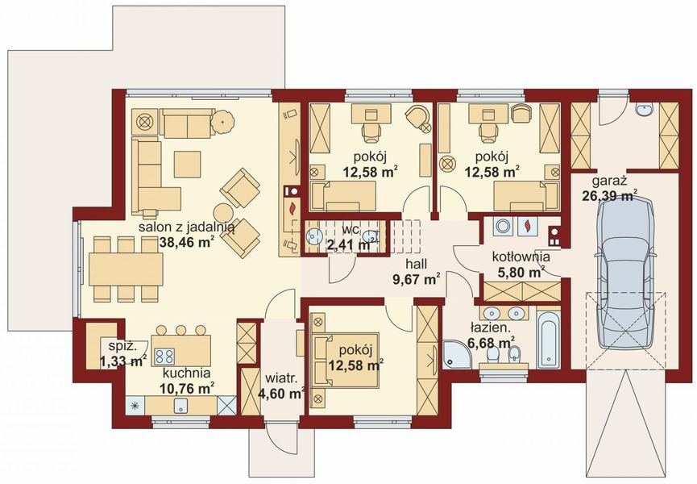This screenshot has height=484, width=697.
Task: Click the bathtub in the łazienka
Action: [550, 339]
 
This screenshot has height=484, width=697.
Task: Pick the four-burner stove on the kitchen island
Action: [164, 356]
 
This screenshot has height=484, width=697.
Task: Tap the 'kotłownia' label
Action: [521, 257]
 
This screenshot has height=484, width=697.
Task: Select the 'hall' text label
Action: [416, 264]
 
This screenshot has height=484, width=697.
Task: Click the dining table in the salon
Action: [126, 269]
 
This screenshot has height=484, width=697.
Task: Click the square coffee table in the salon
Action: [187, 164]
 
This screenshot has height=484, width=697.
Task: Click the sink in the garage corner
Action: [644, 109]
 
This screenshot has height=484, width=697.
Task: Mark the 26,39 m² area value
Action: [609, 195]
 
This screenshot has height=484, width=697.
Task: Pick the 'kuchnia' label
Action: [186, 373]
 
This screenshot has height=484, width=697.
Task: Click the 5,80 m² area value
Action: [518, 272]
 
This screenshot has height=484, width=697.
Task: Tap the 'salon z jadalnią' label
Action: [187, 227]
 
